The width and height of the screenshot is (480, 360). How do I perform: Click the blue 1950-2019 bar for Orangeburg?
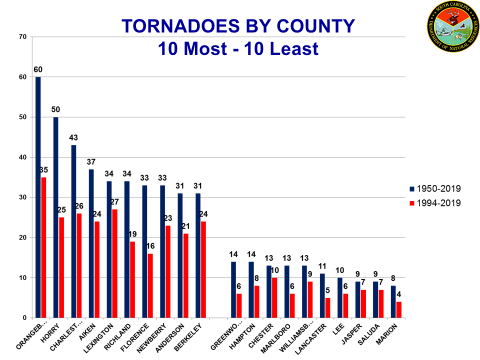38,197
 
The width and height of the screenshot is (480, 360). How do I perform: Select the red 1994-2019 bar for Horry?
61,267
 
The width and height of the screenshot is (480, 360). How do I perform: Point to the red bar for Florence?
150,285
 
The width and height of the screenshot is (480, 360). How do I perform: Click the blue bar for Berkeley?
197,255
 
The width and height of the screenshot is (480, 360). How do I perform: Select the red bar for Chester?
274,297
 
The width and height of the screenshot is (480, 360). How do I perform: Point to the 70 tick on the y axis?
23,37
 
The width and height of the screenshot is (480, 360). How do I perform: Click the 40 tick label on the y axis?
23,157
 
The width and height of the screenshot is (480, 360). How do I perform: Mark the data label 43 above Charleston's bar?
73,137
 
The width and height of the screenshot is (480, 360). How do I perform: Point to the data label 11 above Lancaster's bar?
322,266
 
